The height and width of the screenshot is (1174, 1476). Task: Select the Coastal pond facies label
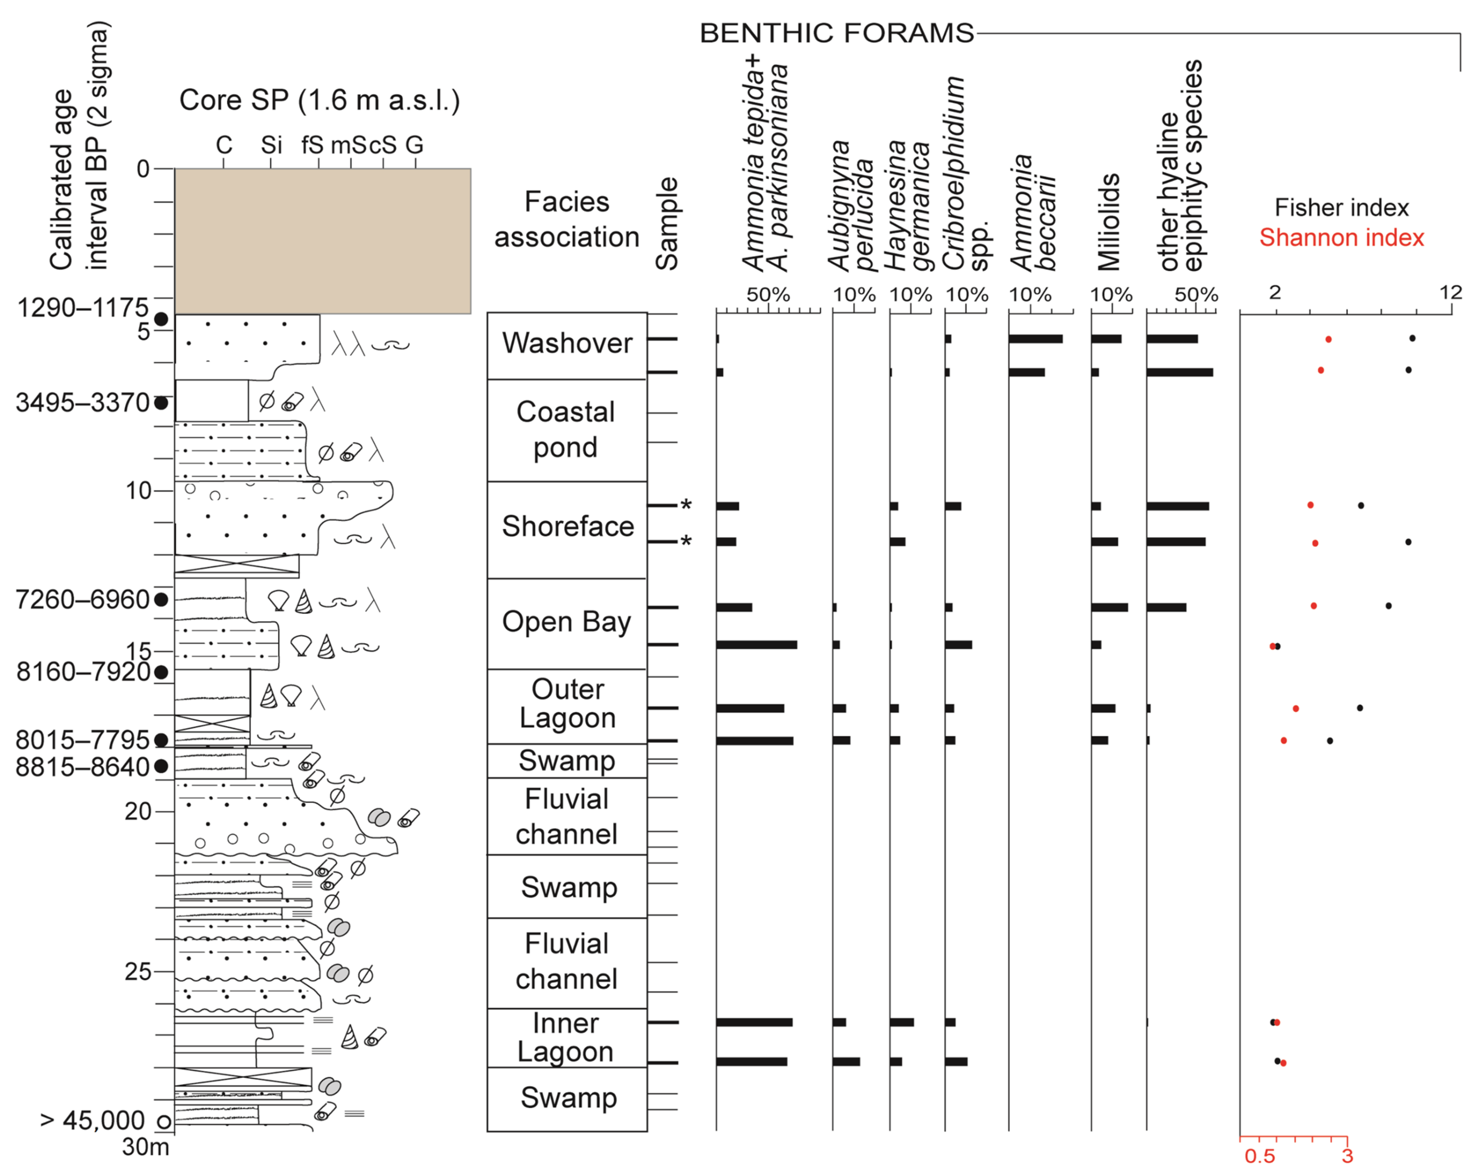point(565,429)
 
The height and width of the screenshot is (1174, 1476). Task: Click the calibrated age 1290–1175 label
point(82,308)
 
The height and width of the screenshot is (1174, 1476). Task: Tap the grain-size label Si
point(271,145)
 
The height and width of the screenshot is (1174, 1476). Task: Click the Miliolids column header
point(1108,222)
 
